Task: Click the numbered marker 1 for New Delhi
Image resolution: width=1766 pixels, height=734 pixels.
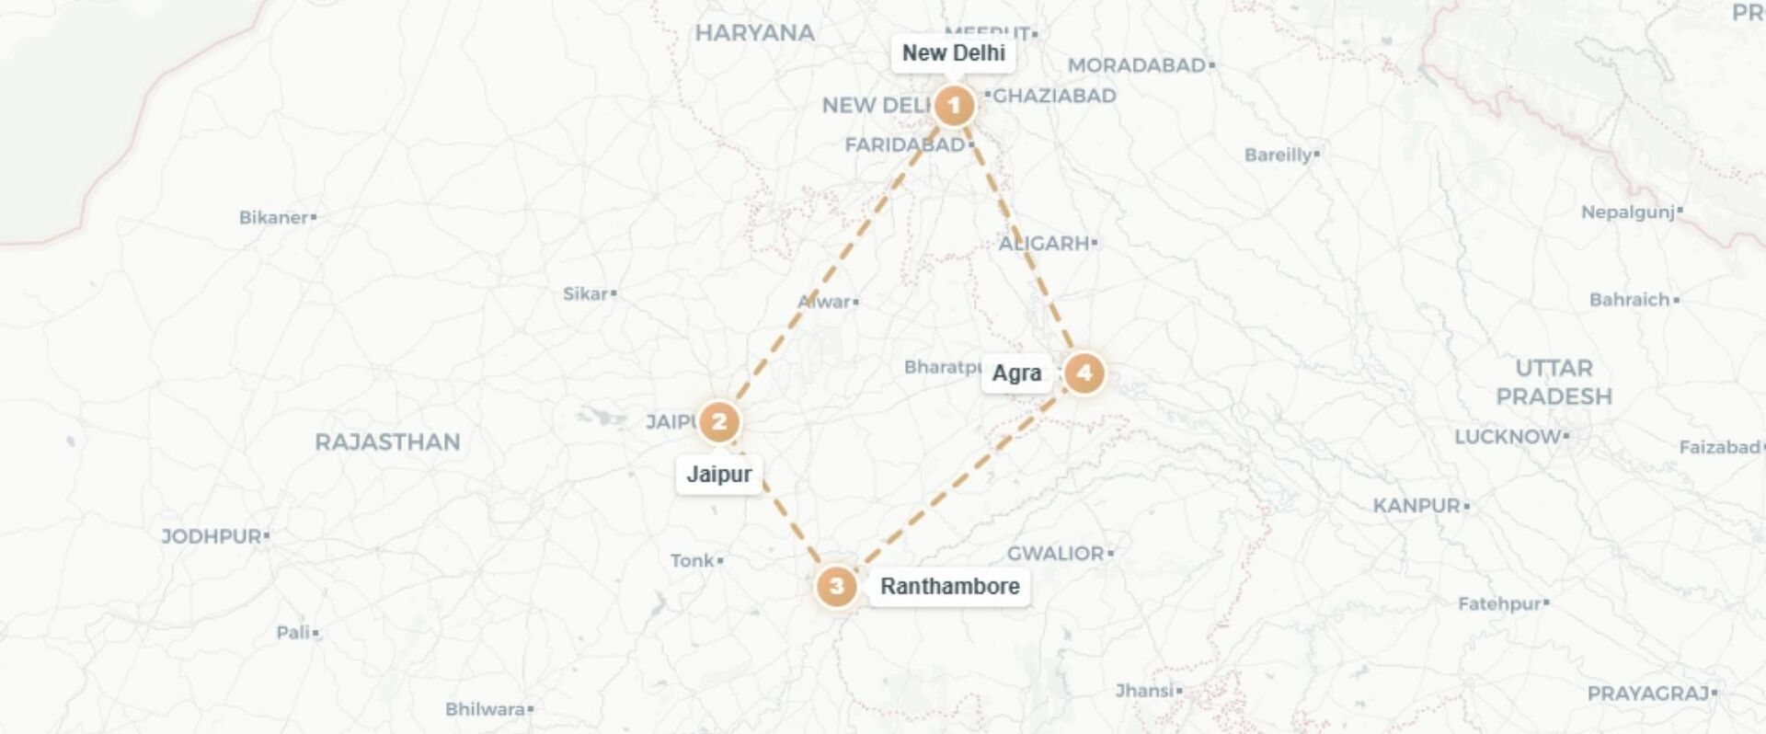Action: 954,106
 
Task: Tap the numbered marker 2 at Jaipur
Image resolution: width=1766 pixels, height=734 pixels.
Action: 719,422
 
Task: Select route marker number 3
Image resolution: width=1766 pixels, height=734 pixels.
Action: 836,586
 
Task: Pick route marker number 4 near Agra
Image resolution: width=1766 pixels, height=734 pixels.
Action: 1084,373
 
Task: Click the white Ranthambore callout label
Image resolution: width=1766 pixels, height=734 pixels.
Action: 949,586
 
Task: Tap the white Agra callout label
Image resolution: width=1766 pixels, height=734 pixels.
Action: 1016,373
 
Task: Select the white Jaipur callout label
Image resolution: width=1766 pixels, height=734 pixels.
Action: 719,475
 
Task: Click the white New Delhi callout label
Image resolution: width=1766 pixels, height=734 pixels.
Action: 953,53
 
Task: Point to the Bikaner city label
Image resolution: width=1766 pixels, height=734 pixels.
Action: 274,218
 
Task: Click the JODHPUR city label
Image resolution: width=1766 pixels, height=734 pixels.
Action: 212,536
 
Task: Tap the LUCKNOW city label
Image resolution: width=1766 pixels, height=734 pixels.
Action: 1508,437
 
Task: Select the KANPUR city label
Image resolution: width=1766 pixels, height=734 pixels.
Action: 1417,506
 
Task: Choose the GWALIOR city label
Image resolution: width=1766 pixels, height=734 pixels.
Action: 1056,554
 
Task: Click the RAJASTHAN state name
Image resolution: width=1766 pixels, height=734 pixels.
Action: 387,442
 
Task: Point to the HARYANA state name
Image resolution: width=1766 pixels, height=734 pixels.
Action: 754,33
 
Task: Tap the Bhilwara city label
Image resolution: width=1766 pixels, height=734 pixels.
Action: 486,709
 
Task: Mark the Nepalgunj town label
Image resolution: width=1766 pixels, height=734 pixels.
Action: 1628,212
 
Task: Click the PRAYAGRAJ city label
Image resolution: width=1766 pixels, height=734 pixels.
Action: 1648,694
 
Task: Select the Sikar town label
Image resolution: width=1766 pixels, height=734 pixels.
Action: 586,294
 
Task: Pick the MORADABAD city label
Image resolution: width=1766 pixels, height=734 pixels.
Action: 1137,65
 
